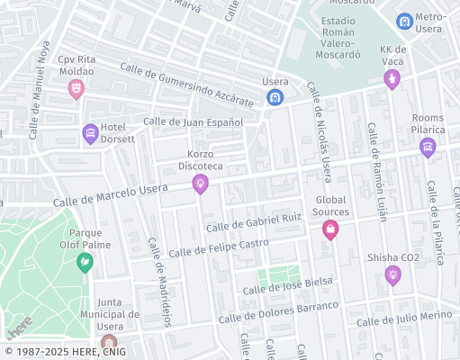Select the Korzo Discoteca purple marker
tap(200, 184)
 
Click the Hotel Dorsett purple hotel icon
tap(90, 134)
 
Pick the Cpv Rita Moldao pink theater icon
tap(77, 88)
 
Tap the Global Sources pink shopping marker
tap(330, 230)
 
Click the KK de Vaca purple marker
tap(392, 80)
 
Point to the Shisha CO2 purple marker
tap(392, 275)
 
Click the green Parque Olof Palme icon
tap(85, 263)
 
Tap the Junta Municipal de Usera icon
tap(109, 343)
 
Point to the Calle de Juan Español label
tap(193, 121)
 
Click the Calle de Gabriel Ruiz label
tap(253, 222)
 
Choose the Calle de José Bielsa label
tap(289, 285)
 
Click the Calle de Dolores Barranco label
tap(278, 311)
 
